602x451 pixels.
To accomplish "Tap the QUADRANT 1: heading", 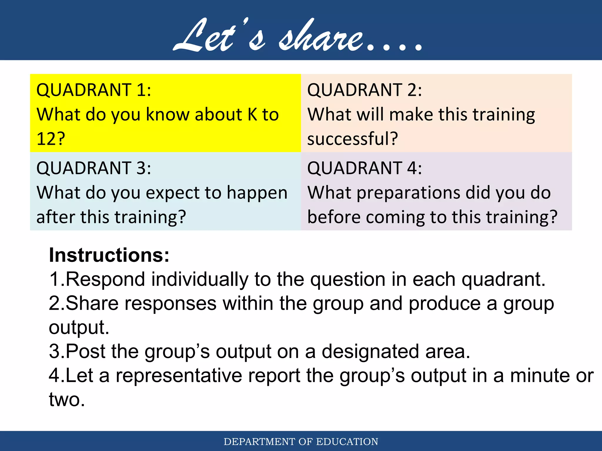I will coord(93,90).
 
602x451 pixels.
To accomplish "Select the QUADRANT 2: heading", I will coord(364,90).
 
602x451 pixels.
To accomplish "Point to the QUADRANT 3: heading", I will coord(93,168).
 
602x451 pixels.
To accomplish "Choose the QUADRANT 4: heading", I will coord(364,168).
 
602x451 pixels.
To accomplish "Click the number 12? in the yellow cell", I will coord(51,139).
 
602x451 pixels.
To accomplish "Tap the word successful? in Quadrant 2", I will coord(352,139).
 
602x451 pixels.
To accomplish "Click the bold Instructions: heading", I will coord(109,255).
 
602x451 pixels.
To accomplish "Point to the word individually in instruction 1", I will coord(200,279).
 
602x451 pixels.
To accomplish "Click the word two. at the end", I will coord(67,400).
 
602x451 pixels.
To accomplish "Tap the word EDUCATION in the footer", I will coord(347,442).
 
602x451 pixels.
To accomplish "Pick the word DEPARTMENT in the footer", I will coord(259,442).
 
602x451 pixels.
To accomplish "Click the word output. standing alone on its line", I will coord(79,327).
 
